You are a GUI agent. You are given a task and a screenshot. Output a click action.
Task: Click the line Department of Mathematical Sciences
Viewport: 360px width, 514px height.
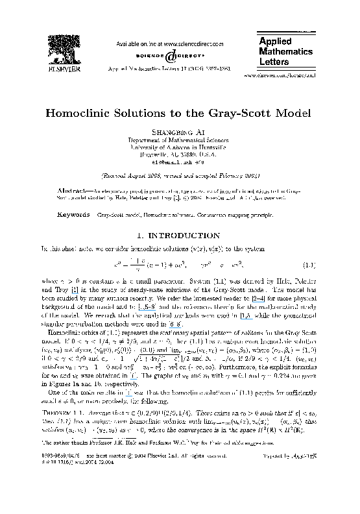click(x=179, y=140)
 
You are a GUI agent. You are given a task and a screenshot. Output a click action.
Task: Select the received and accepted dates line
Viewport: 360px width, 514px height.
click(x=180, y=175)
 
